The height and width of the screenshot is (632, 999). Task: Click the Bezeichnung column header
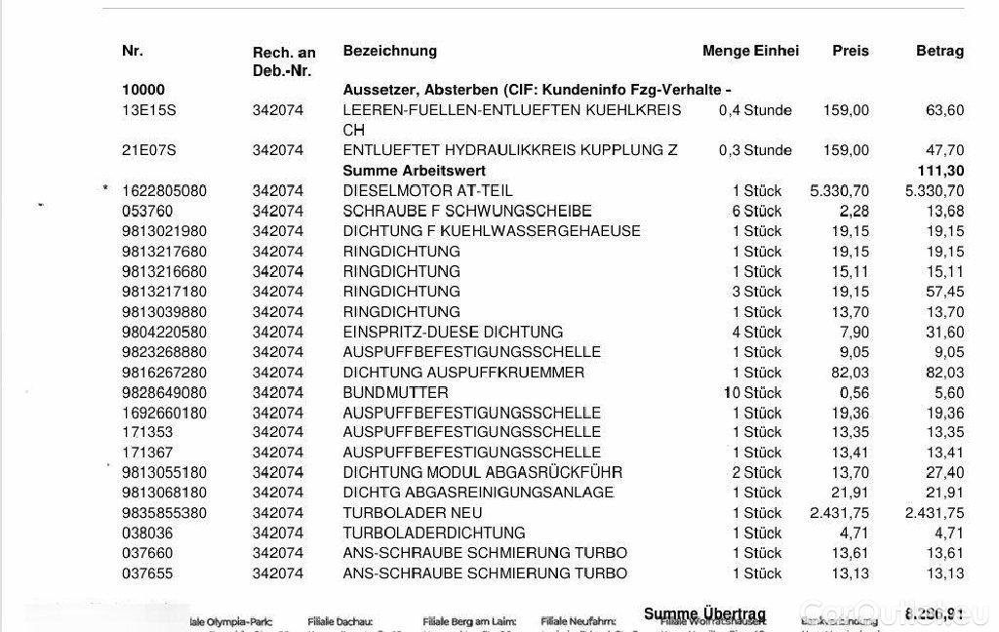[389, 51]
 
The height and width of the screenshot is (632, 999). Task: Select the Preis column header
[850, 51]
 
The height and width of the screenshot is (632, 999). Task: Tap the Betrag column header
[939, 51]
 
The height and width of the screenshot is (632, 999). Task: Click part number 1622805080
[164, 191]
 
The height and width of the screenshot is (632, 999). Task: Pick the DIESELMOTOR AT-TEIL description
[427, 191]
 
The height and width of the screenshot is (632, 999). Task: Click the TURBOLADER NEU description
[413, 513]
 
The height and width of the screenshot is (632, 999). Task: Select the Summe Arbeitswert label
[401, 171]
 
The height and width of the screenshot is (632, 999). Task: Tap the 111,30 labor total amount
[940, 171]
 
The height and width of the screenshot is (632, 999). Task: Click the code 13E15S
[149, 110]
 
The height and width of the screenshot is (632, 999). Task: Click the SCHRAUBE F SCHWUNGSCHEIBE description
[454, 212]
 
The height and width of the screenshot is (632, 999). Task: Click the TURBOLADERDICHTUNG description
[434, 533]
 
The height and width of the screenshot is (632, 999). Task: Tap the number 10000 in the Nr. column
[143, 90]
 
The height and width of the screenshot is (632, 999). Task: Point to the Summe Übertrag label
[704, 613]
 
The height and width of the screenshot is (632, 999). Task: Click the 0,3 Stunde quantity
[754, 150]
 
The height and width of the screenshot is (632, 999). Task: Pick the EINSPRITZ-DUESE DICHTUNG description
[453, 333]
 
